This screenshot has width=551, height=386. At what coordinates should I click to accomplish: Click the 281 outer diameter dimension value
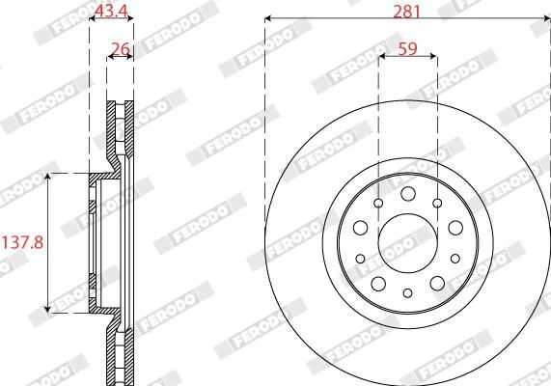pos(406,12)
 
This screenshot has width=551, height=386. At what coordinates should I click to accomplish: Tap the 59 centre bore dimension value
pos(407,49)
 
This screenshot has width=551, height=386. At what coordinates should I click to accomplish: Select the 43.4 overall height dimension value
pos(111,11)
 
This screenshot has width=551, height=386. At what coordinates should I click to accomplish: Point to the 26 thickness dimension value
pos(121,49)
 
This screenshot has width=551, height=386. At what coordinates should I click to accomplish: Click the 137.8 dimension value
pos(22,242)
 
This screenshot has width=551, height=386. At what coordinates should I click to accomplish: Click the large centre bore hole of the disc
pos(407,243)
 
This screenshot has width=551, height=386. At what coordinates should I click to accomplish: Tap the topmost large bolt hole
pos(407,194)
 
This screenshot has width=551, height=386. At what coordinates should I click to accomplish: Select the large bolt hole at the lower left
pos(378,284)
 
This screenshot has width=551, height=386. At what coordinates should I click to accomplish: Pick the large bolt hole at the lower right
pos(437,284)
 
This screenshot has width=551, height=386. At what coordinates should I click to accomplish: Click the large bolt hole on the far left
pos(360,228)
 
